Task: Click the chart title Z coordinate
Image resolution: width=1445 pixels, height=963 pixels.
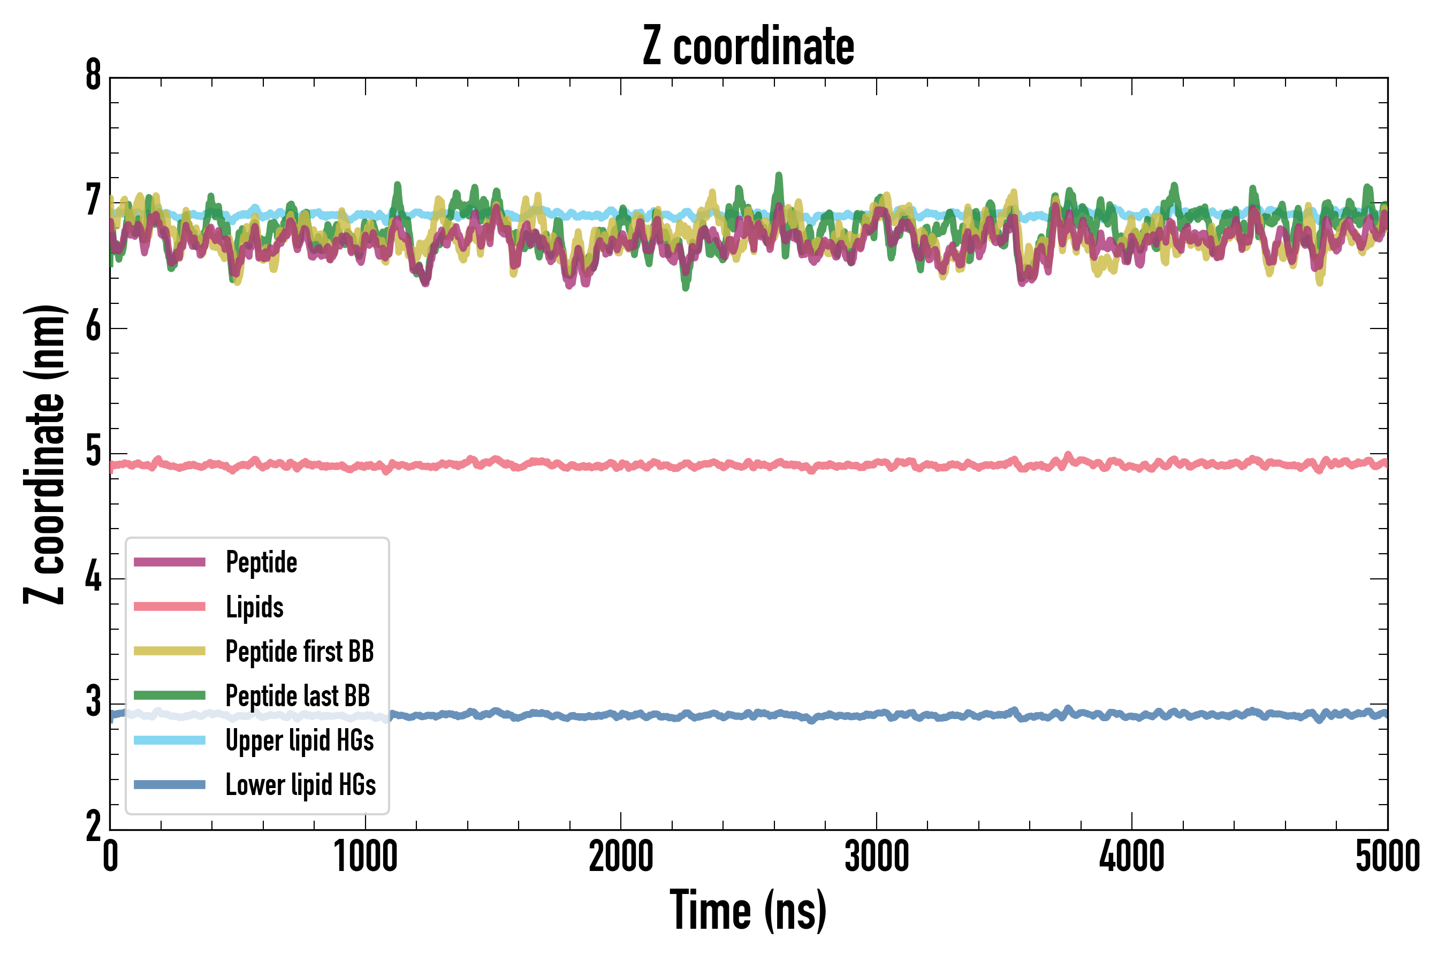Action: click(x=748, y=46)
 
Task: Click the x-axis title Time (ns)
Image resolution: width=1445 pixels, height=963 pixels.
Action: click(x=748, y=910)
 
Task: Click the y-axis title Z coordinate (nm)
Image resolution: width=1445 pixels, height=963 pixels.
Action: click(x=44, y=454)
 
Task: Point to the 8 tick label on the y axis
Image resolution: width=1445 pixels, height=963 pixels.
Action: click(x=93, y=76)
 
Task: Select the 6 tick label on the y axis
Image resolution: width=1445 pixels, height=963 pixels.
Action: click(x=93, y=327)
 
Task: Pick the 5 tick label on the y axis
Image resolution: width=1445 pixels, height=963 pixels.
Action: click(x=93, y=452)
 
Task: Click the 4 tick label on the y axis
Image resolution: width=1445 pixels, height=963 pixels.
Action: click(x=93, y=577)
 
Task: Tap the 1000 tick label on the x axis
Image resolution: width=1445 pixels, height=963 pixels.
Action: click(x=366, y=857)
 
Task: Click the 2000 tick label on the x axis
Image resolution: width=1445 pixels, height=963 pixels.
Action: click(x=620, y=857)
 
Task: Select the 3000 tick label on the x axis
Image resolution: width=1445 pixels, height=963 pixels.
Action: click(x=877, y=857)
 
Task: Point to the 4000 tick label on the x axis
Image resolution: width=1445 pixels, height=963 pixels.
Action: click(x=1132, y=857)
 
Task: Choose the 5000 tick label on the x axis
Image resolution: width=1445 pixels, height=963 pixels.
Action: click(x=1387, y=857)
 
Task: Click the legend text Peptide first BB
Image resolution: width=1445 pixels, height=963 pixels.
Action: click(x=300, y=652)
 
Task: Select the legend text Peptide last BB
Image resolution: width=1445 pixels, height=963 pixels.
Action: click(x=298, y=696)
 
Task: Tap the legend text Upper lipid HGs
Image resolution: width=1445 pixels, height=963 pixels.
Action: click(x=300, y=740)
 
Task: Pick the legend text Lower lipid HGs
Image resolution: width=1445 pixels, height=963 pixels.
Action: click(x=301, y=785)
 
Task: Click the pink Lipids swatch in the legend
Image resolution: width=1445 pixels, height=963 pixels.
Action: click(x=170, y=607)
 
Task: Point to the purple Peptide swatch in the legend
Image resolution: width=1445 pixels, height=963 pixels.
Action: click(x=170, y=562)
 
